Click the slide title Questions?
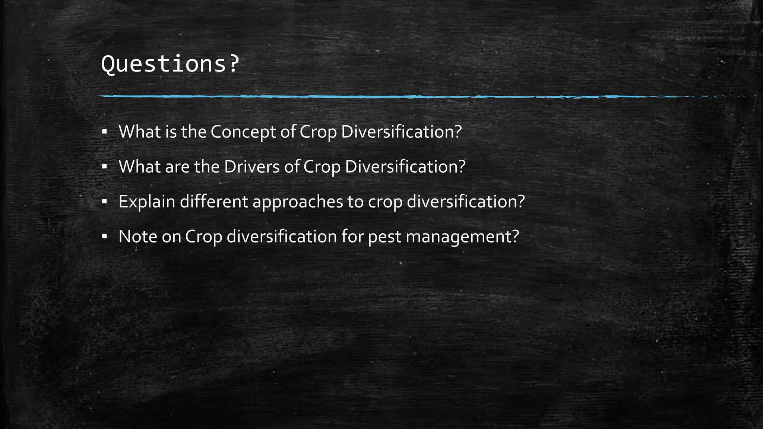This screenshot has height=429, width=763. (x=170, y=64)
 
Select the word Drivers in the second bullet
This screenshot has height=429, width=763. (x=251, y=166)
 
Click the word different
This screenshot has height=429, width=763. (x=214, y=201)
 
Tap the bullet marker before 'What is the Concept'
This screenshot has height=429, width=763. (x=104, y=131)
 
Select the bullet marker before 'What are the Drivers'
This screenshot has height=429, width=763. (x=104, y=166)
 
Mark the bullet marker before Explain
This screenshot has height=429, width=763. (x=104, y=201)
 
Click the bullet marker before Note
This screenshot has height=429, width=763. (x=104, y=236)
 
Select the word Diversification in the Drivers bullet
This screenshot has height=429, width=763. (x=405, y=166)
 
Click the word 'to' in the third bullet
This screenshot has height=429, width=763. (x=356, y=202)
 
